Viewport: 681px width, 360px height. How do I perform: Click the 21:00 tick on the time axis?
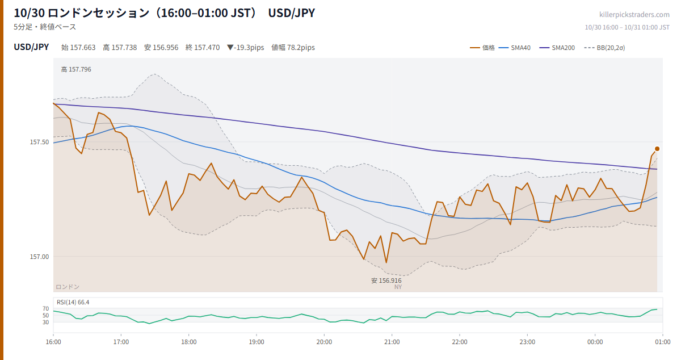(392, 342)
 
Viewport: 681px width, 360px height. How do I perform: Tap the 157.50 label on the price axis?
(39, 142)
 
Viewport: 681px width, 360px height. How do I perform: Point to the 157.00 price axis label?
(39, 257)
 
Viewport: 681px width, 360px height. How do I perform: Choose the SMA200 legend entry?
(557, 48)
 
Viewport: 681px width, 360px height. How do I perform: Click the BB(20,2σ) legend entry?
(604, 48)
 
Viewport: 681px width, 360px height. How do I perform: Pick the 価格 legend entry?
(482, 48)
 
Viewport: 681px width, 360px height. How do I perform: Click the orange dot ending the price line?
(657, 149)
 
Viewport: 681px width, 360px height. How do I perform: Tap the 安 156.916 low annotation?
(386, 281)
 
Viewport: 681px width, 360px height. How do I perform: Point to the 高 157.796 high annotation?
(76, 69)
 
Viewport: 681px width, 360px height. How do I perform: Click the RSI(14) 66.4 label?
(73, 302)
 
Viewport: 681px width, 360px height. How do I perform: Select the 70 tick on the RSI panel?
(45, 309)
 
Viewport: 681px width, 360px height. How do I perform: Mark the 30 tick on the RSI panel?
(45, 323)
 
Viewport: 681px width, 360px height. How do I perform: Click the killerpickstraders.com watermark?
(634, 15)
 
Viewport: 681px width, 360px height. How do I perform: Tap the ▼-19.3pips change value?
(246, 48)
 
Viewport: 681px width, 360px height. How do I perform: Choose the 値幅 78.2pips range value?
(293, 48)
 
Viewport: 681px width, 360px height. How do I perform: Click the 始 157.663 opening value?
(78, 48)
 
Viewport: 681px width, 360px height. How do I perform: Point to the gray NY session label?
(398, 287)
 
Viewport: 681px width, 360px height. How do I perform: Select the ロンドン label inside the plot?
(68, 287)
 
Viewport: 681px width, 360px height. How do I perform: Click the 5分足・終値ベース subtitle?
(45, 27)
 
